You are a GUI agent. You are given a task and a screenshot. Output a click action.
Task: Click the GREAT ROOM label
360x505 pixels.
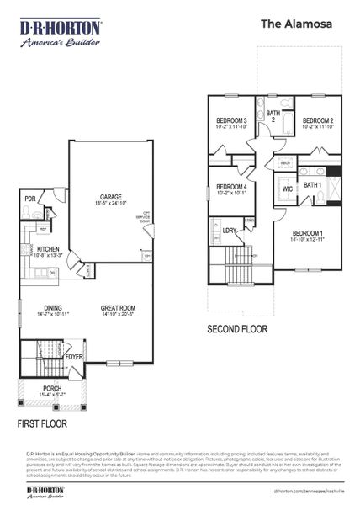[x=117, y=308]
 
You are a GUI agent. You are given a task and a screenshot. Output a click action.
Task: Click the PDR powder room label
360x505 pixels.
[x=29, y=199]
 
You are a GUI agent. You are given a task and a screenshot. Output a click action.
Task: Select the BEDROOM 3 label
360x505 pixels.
[x=231, y=121]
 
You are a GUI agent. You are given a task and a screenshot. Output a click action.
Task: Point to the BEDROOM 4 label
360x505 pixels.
[x=231, y=186]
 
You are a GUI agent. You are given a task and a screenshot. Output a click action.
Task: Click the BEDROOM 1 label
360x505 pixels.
[x=308, y=233]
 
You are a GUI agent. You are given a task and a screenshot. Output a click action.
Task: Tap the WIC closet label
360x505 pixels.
[x=288, y=189]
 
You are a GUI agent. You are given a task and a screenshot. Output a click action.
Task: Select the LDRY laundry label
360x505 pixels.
[x=229, y=230]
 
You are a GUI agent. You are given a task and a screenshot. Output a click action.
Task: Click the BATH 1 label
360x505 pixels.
[x=312, y=185]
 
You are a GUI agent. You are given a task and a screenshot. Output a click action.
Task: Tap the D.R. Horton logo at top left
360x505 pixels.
[x=61, y=35]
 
